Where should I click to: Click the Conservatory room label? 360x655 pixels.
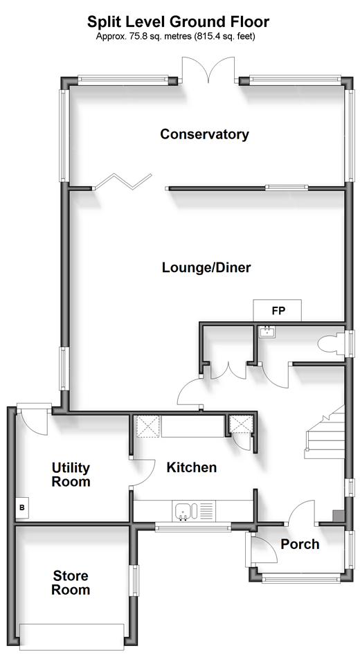tap(205, 134)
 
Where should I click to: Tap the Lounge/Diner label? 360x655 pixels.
tap(206, 267)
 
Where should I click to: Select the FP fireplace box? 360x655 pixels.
tap(278, 310)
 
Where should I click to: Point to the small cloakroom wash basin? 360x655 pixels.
tap(266, 332)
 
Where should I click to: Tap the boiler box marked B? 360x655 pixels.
tap(22, 508)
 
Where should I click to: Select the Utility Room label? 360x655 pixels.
tap(71, 474)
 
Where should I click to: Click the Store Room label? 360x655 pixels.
tap(71, 583)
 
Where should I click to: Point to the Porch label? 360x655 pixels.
tap(300, 544)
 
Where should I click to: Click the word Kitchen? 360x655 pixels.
tap(192, 467)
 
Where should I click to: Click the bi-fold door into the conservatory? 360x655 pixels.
tap(123, 181)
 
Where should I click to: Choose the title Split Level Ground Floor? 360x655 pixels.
tap(179, 21)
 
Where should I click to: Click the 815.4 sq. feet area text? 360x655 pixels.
tap(224, 36)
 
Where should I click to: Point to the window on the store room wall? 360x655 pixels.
tap(134, 581)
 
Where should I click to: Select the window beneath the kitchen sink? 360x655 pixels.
tap(193, 528)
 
